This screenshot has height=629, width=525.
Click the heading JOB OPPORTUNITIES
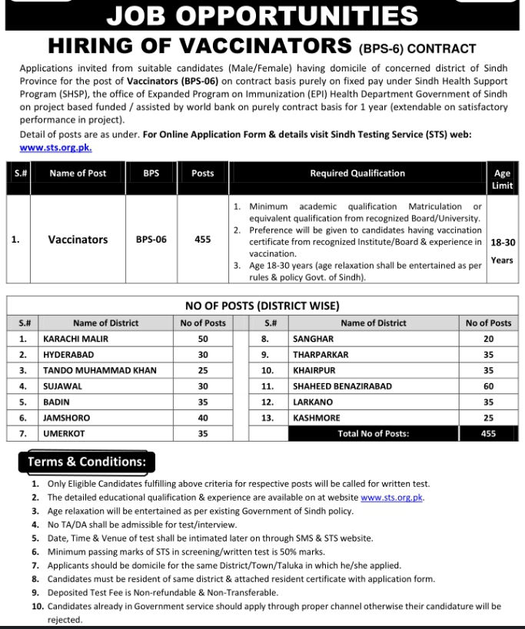pyautogui.click(x=262, y=15)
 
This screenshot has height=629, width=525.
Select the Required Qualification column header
pyautogui.click(x=357, y=174)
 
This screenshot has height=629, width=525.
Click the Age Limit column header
pyautogui.click(x=502, y=180)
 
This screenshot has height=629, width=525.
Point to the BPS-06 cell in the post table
pyautogui.click(x=151, y=240)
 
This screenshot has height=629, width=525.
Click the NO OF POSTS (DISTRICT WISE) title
pyautogui.click(x=262, y=306)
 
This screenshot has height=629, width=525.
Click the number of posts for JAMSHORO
pyautogui.click(x=203, y=419)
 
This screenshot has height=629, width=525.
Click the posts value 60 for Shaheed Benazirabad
pyautogui.click(x=488, y=386)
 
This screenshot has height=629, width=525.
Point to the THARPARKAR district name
pyautogui.click(x=321, y=355)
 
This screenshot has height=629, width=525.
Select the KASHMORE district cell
pyautogui.click(x=317, y=419)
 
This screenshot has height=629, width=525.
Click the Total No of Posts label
pyautogui.click(x=374, y=434)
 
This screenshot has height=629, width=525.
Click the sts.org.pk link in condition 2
pyautogui.click(x=392, y=498)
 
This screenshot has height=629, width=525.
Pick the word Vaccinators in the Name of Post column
pyautogui.click(x=78, y=240)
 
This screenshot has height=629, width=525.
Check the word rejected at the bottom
pyautogui.click(x=65, y=620)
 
